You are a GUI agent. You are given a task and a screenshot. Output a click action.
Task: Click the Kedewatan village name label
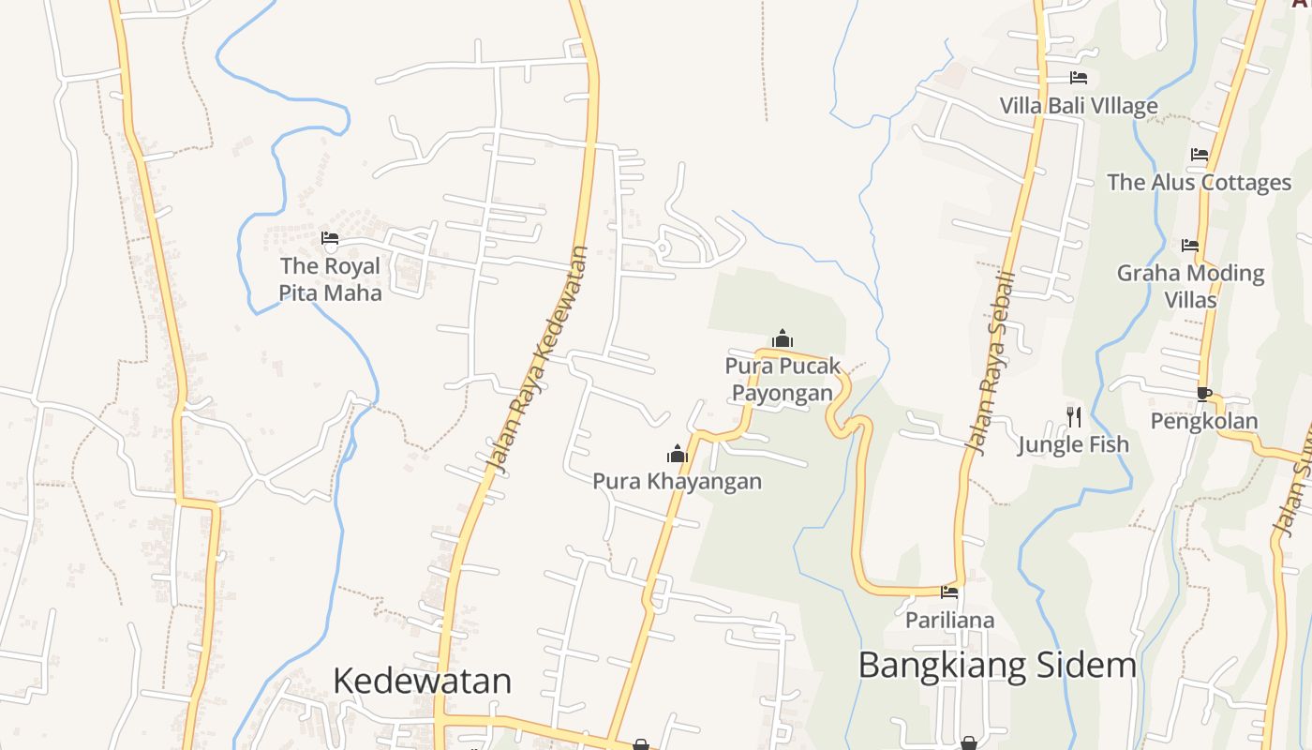(422, 681)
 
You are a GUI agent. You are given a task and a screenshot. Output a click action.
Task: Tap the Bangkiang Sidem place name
(997, 666)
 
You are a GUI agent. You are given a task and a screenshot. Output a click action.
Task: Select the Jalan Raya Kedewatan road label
(538, 358)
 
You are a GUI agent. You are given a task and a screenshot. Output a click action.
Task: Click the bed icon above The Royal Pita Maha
(330, 238)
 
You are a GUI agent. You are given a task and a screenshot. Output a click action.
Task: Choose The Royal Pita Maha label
(331, 279)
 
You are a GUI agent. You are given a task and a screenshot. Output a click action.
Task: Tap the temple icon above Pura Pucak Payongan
(783, 338)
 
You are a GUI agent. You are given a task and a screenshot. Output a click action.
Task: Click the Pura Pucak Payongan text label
(783, 379)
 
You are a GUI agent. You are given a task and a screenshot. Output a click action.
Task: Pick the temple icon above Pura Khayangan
(677, 455)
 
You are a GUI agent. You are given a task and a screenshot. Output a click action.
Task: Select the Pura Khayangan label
(677, 482)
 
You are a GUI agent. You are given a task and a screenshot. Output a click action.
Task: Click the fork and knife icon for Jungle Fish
(1074, 416)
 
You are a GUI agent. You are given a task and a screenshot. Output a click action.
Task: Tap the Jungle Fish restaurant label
(1074, 444)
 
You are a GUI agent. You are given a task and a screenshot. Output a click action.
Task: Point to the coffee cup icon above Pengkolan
(1204, 394)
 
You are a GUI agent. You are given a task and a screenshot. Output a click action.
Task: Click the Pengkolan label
(1204, 422)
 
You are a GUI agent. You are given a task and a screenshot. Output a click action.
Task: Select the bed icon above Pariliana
(949, 592)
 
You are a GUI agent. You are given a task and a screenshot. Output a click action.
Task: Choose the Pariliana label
(949, 620)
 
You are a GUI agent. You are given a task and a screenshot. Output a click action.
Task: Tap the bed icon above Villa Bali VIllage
(1079, 78)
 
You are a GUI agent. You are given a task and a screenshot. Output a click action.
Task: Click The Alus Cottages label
(1199, 182)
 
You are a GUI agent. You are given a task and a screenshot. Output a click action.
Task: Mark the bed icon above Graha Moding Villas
(1190, 246)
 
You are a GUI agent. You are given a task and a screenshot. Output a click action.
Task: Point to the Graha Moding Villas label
(1190, 286)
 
